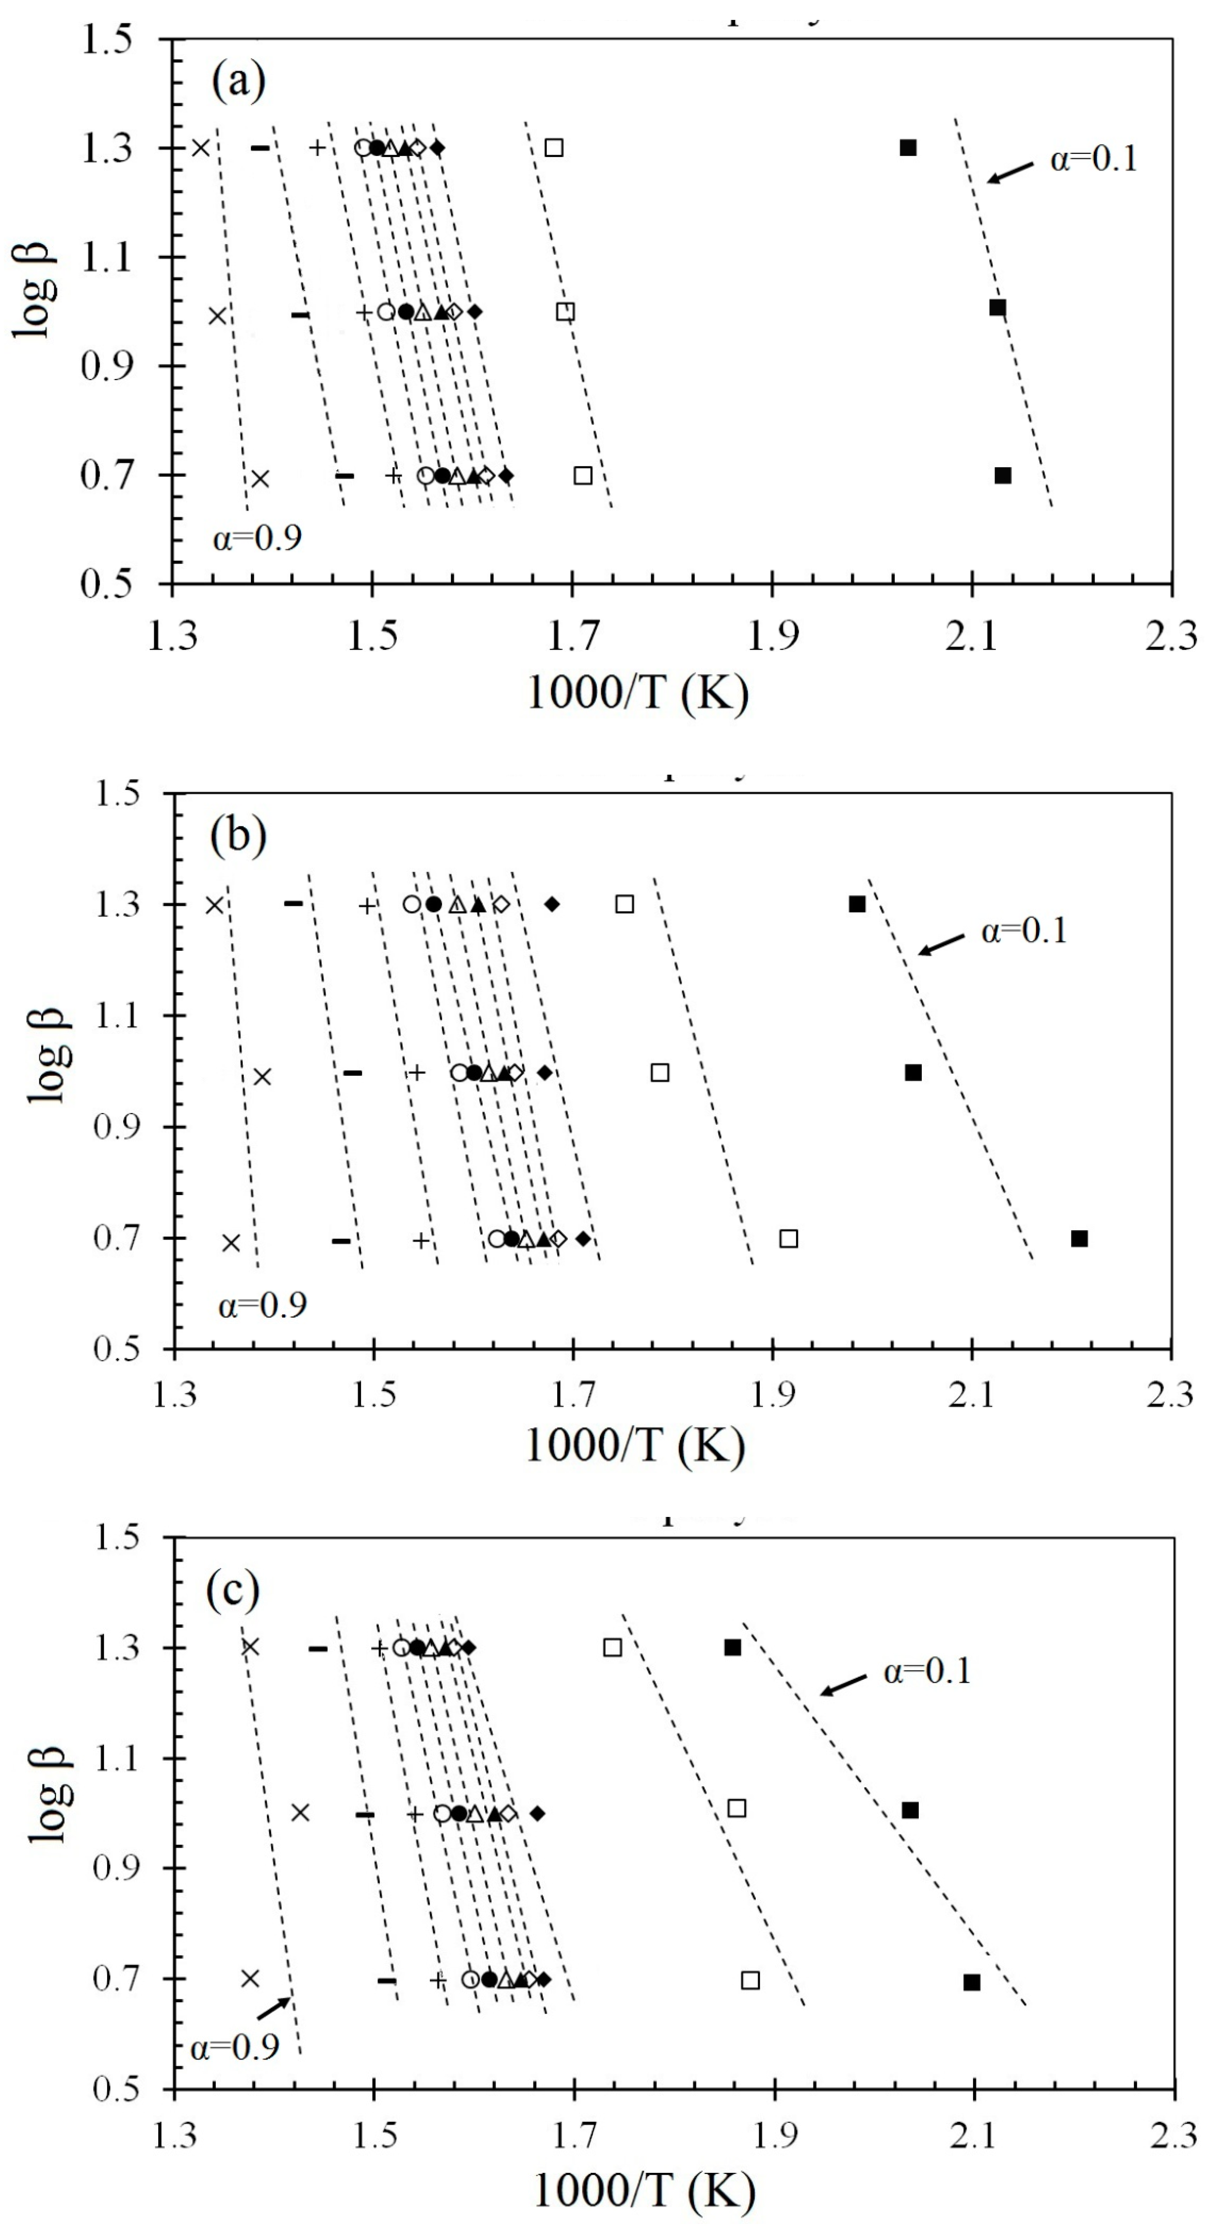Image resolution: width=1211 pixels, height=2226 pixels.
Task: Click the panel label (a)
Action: coord(238,82)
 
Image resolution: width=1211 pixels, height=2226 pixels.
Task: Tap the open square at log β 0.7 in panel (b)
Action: coord(788,1238)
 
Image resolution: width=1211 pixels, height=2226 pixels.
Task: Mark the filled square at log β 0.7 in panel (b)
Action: coord(1079,1238)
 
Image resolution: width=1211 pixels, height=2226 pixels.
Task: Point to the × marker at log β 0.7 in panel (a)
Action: coord(260,478)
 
